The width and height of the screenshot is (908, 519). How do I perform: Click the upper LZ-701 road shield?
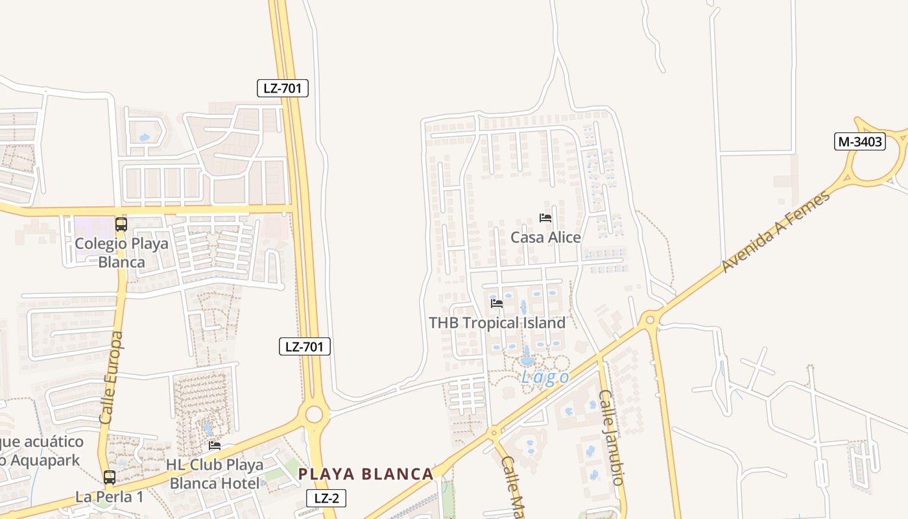(282, 88)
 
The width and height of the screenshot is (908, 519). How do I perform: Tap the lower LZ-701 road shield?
(305, 346)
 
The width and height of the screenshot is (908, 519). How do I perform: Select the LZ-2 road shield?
(326, 498)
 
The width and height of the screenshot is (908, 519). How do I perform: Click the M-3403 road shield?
(860, 141)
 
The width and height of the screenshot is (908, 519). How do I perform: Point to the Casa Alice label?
(545, 237)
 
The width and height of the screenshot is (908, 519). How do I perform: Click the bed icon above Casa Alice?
(545, 218)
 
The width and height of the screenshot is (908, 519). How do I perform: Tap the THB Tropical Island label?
(497, 322)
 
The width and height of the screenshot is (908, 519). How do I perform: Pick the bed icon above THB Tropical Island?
(497, 303)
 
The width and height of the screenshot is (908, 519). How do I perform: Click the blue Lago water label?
(545, 378)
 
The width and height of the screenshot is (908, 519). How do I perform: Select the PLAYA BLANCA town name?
(366, 474)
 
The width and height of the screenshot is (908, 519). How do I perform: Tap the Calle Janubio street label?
(611, 437)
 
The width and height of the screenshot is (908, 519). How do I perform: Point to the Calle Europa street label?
(112, 378)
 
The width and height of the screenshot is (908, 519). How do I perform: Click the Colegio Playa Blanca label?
(121, 253)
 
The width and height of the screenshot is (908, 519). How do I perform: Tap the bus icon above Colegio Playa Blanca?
(121, 224)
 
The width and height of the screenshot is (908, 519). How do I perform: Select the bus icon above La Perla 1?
(110, 477)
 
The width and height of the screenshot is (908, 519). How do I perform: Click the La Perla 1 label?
(110, 497)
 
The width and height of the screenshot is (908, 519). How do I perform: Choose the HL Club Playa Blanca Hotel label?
(215, 474)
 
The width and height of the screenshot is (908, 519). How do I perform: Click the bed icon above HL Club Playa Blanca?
(215, 446)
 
